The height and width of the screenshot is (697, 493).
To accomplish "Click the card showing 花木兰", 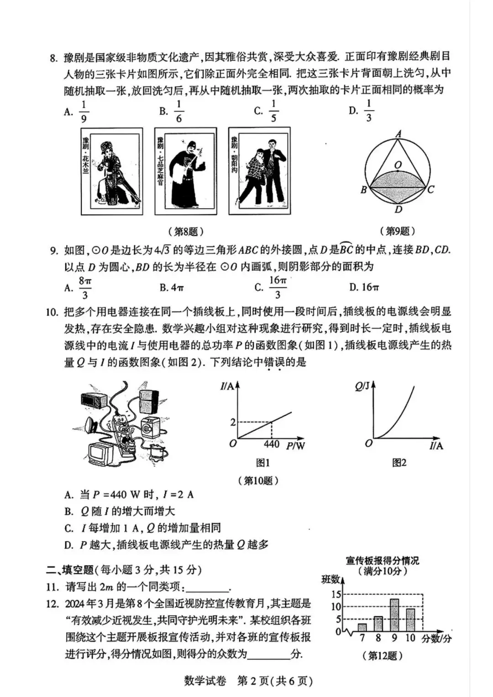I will pyautogui.click(x=112, y=171).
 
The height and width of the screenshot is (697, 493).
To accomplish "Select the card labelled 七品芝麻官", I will pyautogui.click(x=185, y=171).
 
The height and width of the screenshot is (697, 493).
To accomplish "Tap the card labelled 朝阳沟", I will pyautogui.click(x=259, y=171).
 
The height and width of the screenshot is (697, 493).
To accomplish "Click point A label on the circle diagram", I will pyautogui.click(x=399, y=134).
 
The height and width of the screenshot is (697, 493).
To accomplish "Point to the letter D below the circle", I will pyautogui.click(x=399, y=210).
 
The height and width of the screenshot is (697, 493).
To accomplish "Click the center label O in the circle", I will pyautogui.click(x=398, y=165).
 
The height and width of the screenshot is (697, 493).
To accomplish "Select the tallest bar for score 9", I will pyautogui.click(x=394, y=614).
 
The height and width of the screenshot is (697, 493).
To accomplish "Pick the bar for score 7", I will pyautogui.click(x=362, y=627).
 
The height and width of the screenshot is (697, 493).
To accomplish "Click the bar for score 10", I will pyautogui.click(x=410, y=619).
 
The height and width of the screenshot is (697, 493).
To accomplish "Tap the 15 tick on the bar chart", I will pyautogui.click(x=336, y=594).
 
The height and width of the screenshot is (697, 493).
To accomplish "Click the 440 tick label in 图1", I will pyautogui.click(x=272, y=444).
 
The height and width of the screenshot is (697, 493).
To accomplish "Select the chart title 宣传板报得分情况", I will pyautogui.click(x=383, y=560).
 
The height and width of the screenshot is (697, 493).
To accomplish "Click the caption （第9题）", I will pyautogui.click(x=397, y=231).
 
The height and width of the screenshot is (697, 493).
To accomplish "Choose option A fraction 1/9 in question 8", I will pyautogui.click(x=84, y=112).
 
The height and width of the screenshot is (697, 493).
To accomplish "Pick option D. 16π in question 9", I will pyautogui.click(x=364, y=287).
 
